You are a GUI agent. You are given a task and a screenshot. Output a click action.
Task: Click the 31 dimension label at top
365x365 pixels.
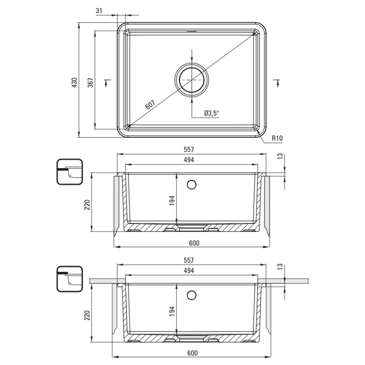(x=99, y=11)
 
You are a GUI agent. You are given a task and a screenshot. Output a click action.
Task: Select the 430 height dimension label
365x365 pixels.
(x=75, y=83)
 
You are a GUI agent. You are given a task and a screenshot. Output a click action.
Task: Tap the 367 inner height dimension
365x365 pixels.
(x=91, y=83)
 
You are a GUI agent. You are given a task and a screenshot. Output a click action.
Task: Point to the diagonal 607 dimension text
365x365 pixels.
(x=150, y=105)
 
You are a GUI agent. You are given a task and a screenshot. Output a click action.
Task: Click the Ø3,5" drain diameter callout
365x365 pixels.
(x=212, y=113)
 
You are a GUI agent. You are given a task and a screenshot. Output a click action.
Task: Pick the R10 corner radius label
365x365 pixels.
(x=277, y=138)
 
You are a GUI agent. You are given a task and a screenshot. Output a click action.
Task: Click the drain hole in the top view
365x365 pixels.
(x=192, y=80)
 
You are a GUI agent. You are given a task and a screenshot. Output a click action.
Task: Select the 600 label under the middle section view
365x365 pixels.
(x=194, y=243)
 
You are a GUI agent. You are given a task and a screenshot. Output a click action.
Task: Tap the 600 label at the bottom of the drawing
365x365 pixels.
(x=192, y=353)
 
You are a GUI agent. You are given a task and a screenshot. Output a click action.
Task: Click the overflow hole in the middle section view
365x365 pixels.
(x=192, y=185)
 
